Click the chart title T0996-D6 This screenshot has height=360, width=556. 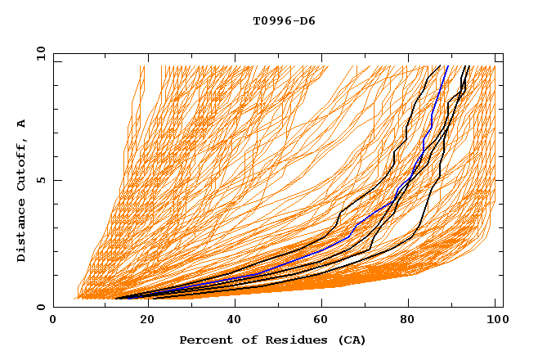pos(284,21)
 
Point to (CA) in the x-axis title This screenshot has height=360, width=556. pos(352,340)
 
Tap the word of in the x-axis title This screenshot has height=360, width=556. pos(243,340)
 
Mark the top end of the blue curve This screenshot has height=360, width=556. pos(447,65)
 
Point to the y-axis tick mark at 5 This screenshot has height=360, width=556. pos(56,180)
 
